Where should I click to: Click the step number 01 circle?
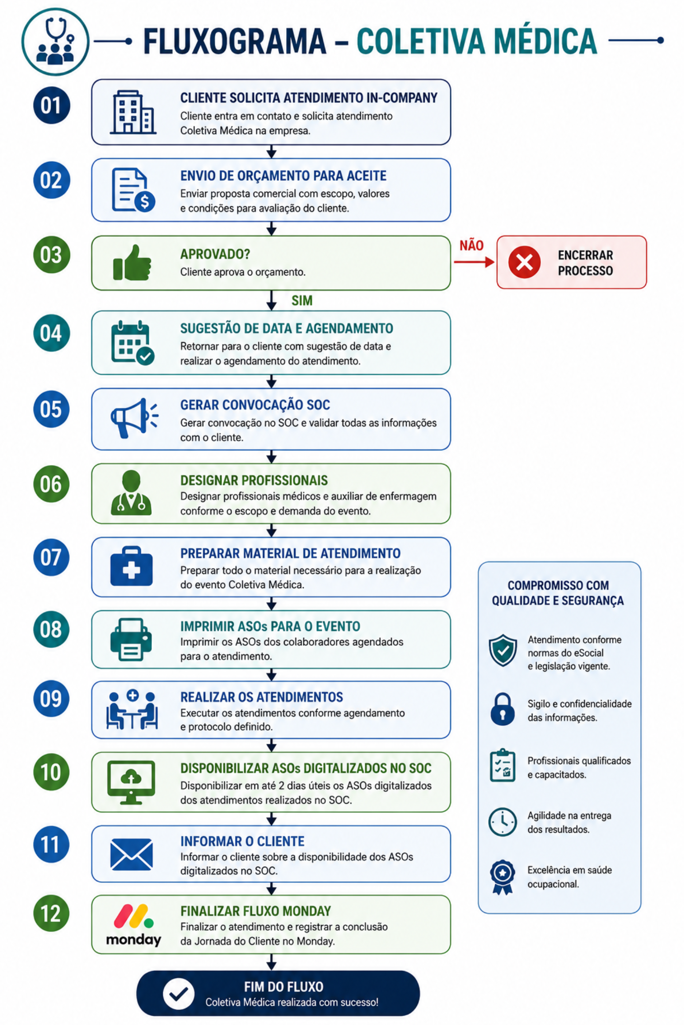tap(51, 105)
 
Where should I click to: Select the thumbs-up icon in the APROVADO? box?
tap(132, 263)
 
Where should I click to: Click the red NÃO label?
tap(471, 245)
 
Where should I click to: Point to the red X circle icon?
tap(524, 262)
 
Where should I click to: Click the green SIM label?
tap(302, 300)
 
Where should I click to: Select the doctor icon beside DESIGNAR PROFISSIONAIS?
tap(131, 493)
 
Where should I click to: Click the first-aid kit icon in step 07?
tap(131, 566)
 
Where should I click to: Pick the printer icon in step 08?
tap(131, 639)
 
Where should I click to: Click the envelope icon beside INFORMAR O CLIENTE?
tap(131, 855)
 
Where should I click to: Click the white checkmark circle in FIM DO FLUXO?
tap(178, 994)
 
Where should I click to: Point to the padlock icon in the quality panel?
tap(502, 709)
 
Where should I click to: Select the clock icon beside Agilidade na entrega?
tap(502, 822)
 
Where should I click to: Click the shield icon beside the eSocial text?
tap(503, 651)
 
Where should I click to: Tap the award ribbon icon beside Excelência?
tap(503, 878)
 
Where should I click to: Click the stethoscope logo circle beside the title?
tap(55, 42)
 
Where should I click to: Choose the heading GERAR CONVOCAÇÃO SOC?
tap(255, 405)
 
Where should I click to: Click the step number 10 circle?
tap(51, 772)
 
